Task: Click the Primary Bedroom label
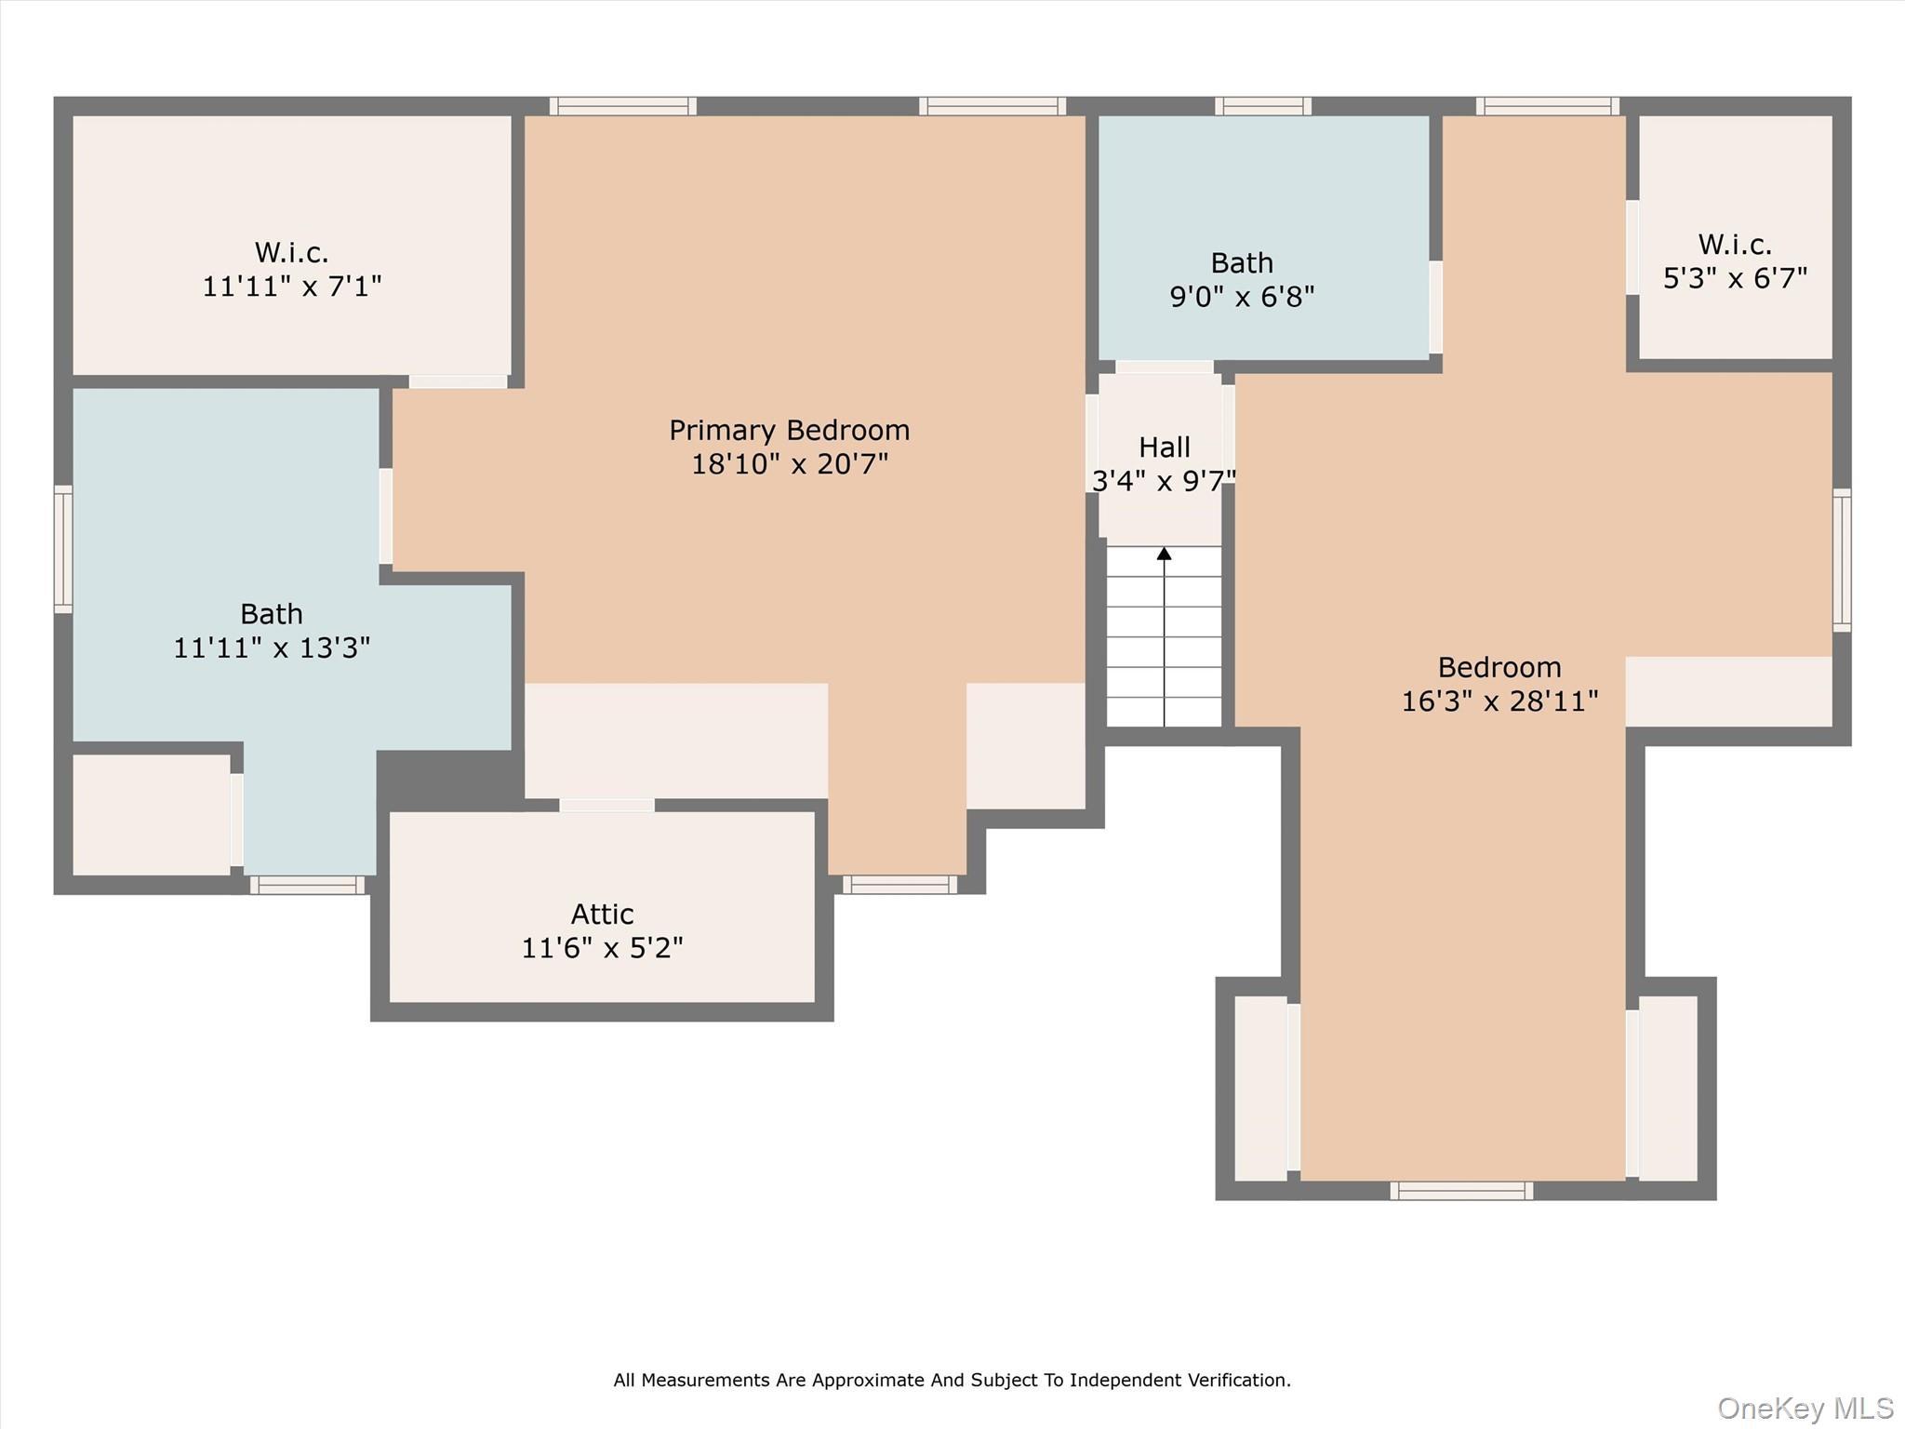click(789, 430)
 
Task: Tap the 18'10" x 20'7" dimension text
click(789, 463)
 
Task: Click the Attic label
click(602, 914)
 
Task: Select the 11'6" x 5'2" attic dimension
click(602, 948)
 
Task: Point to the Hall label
click(1164, 447)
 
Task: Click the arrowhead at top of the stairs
click(1164, 554)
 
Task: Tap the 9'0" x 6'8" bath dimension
click(1242, 297)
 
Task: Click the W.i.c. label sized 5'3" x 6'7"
click(1735, 245)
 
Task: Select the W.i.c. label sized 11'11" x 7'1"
click(291, 252)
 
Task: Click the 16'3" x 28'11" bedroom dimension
click(1499, 701)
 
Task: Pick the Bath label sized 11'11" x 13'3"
click(271, 614)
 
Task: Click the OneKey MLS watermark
click(1805, 1409)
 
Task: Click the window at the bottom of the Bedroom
click(1461, 1190)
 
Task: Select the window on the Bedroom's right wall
click(1841, 560)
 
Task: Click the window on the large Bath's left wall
click(63, 549)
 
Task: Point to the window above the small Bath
click(1262, 106)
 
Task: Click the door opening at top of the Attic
click(606, 806)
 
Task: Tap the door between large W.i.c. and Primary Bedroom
click(458, 381)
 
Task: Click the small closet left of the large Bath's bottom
click(151, 814)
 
